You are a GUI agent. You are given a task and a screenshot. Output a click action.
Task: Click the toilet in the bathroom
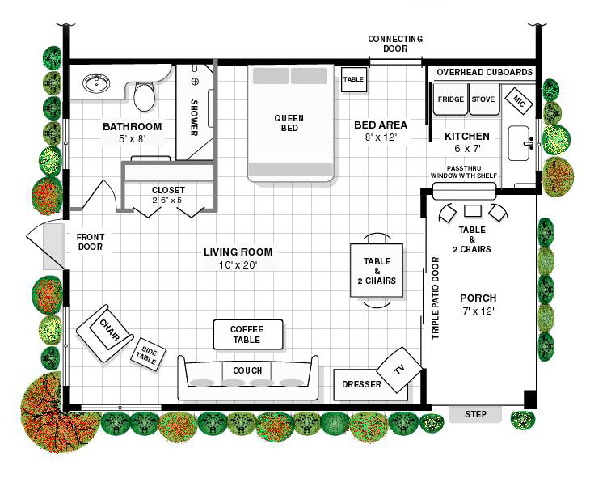(x=144, y=96)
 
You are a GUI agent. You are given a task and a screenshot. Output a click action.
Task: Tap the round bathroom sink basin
(x=96, y=83)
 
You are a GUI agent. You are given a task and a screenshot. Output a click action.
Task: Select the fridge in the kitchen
(x=450, y=99)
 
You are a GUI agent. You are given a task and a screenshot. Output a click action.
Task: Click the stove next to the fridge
(x=483, y=99)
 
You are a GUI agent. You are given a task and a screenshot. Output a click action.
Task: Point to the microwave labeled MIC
(x=519, y=100)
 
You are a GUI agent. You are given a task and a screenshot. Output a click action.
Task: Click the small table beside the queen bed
(x=354, y=79)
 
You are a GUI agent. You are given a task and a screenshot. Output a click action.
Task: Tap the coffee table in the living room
(x=248, y=335)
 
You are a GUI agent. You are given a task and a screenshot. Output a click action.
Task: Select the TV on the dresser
(x=399, y=370)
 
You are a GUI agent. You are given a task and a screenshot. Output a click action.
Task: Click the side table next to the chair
(x=148, y=354)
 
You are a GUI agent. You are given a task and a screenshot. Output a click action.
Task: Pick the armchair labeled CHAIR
(x=104, y=333)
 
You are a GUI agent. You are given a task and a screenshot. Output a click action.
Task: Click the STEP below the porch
(x=475, y=414)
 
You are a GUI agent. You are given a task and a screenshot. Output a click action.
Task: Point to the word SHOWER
(x=194, y=117)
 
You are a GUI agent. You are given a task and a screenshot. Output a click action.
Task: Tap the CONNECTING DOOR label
(x=395, y=44)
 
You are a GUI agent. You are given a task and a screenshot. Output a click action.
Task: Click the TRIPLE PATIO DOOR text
(x=436, y=298)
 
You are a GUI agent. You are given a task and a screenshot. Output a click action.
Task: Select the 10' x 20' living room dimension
(x=238, y=265)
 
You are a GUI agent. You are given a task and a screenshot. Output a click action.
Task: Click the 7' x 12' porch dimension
(x=478, y=311)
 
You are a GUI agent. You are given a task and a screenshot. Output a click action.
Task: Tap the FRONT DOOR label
(x=91, y=242)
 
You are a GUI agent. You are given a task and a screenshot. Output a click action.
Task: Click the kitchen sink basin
(x=519, y=143)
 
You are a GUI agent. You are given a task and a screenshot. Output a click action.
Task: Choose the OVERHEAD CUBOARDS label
(x=485, y=72)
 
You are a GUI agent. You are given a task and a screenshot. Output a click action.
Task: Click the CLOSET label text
(x=168, y=190)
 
